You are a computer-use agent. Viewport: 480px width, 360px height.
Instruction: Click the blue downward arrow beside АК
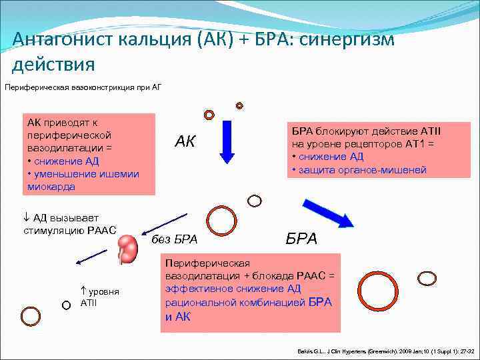tap(227, 141)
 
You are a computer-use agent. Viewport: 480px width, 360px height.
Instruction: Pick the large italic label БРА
tap(302, 239)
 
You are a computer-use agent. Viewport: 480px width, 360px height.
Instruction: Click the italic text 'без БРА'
tap(175, 239)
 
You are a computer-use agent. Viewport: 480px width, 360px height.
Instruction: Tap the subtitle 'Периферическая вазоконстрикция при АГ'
tap(83, 87)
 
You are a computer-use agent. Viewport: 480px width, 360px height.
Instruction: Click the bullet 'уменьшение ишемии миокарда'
tap(83, 180)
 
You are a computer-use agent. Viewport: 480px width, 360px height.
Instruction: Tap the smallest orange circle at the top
tap(239, 105)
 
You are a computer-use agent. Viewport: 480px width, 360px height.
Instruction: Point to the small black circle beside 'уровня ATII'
tap(65, 305)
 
